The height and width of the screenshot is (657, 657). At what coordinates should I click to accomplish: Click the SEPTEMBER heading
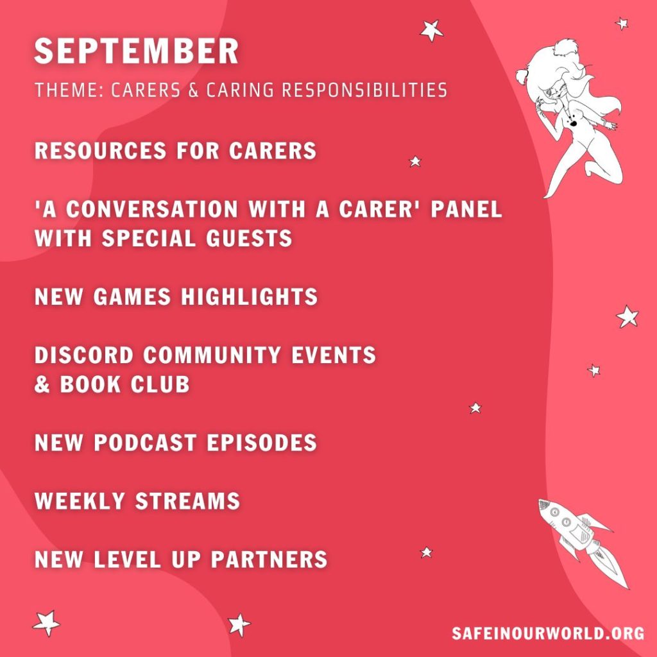click(x=136, y=51)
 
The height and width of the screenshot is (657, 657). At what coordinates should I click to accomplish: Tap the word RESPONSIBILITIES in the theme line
click(x=364, y=90)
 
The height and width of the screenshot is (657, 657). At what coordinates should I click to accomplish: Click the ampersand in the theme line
click(x=193, y=90)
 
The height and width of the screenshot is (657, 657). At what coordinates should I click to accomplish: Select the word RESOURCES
click(x=101, y=150)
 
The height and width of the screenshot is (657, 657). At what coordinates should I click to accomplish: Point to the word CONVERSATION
click(x=151, y=209)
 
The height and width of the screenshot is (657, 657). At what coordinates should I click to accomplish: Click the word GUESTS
click(x=249, y=238)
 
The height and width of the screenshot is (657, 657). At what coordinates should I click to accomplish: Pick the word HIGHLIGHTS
click(x=250, y=296)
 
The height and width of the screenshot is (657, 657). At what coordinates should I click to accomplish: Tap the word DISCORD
click(x=84, y=354)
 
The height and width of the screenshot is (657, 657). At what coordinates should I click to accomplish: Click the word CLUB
click(x=160, y=384)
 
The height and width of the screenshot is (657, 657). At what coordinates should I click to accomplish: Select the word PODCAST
click(x=145, y=442)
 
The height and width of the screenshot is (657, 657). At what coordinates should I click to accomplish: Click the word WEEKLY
click(x=80, y=500)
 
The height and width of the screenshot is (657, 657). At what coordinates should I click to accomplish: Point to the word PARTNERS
click(x=269, y=559)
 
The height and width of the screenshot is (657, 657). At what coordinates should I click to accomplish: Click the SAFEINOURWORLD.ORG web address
click(x=548, y=633)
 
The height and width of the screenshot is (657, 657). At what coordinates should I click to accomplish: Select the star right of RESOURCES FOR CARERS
click(x=415, y=161)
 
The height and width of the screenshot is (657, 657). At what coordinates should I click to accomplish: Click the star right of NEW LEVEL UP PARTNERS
click(x=426, y=552)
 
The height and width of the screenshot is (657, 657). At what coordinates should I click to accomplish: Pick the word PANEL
click(x=466, y=209)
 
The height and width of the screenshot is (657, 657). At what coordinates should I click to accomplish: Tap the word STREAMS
click(x=187, y=500)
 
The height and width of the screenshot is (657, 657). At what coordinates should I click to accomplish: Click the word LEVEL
click(x=128, y=559)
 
